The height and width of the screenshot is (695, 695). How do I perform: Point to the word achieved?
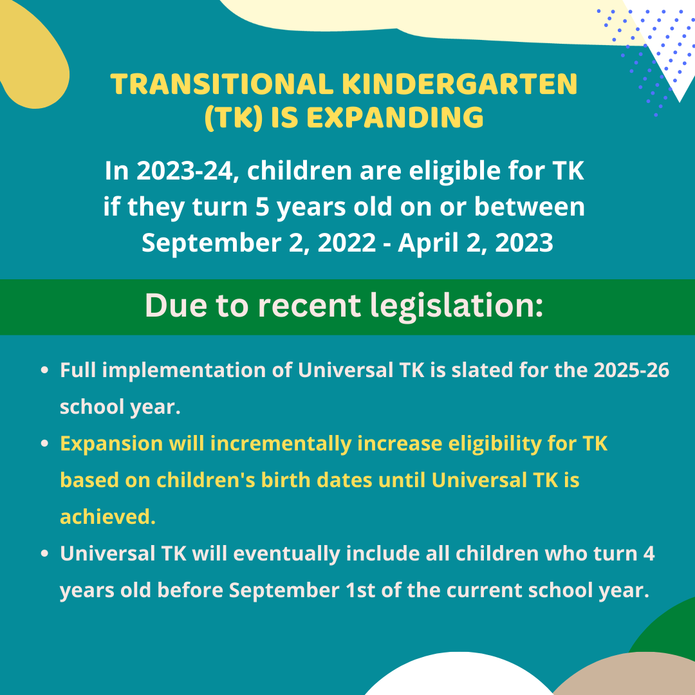[x=107, y=517]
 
